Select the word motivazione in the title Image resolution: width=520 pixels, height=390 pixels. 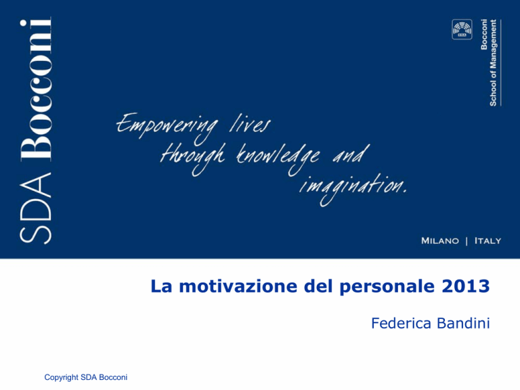click(238, 286)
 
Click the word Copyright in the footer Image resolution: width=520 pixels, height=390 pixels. click(61, 377)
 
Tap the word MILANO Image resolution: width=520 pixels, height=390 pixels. click(440, 241)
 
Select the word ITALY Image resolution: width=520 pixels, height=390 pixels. click(487, 241)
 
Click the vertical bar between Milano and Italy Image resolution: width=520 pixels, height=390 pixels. click(467, 241)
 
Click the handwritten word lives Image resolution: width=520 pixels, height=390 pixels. click(250, 125)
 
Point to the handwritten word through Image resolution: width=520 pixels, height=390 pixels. click(192, 158)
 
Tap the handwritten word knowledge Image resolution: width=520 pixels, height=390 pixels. click(278, 158)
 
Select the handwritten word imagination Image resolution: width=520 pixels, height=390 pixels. click(353, 188)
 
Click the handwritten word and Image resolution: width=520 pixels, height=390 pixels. click(351, 154)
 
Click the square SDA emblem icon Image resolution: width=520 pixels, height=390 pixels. click(462, 30)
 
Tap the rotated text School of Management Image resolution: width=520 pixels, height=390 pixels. click(493, 63)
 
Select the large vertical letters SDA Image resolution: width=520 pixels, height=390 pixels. click(35, 209)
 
